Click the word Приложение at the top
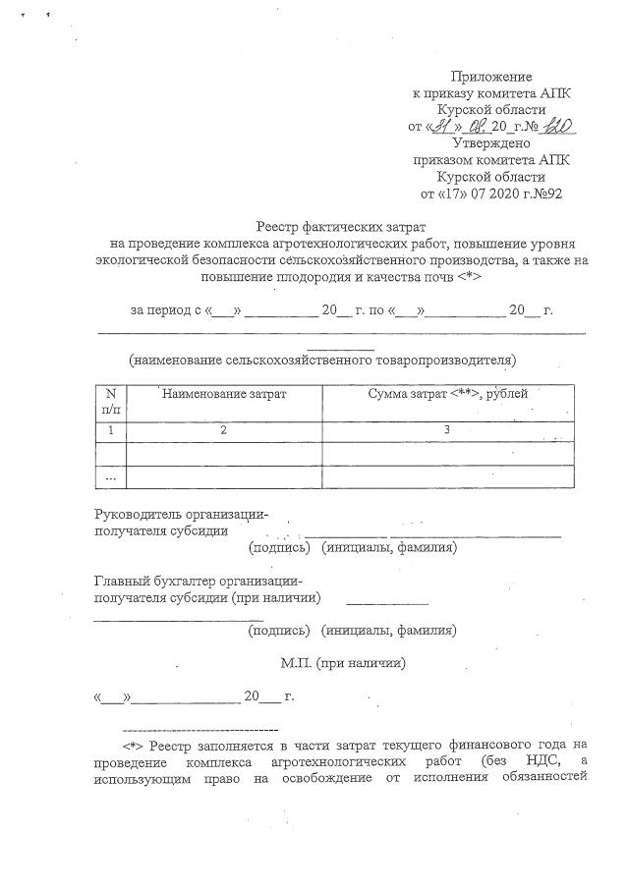pos(490,77)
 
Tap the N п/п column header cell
pos(111,400)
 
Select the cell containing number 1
pos(111,430)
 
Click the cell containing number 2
pos(224,430)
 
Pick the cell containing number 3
pos(447,430)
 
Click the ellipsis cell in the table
pos(111,477)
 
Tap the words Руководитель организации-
pos(181,514)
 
